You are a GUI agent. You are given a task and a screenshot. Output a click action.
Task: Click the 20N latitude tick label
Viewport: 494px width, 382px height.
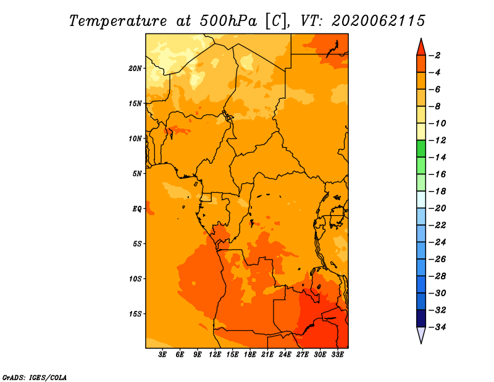point(135,69)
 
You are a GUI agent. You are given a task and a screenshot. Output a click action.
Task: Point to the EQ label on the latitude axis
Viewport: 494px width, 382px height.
point(137,209)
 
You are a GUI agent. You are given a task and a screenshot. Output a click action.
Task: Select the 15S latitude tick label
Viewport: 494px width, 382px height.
point(135,314)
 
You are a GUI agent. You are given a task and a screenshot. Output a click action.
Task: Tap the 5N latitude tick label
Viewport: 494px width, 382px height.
point(137,174)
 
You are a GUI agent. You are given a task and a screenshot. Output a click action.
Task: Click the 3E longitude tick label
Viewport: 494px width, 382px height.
point(162,354)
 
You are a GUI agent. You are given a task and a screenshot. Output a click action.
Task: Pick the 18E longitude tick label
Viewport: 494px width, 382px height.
point(250,354)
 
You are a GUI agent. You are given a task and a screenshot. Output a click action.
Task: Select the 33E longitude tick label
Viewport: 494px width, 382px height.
point(337,354)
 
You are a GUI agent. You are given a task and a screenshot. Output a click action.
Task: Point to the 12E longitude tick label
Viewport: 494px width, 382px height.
point(215,354)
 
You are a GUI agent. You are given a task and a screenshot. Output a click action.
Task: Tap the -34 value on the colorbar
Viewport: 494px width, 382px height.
point(437,327)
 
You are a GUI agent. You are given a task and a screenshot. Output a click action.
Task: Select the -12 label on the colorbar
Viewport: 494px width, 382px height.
point(437,140)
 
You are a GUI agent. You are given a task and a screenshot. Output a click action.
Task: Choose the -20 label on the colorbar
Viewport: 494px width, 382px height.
point(437,208)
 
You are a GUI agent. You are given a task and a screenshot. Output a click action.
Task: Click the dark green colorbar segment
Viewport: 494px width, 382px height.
point(421,148)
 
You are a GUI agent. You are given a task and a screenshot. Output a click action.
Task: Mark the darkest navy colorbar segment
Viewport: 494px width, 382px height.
point(421,318)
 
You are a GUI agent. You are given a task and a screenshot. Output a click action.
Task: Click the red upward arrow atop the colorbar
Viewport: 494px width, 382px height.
point(421,48)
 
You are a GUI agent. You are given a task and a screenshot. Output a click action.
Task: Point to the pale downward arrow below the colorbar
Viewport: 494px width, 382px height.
point(421,335)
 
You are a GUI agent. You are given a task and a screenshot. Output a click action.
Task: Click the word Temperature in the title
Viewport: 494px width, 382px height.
point(118,21)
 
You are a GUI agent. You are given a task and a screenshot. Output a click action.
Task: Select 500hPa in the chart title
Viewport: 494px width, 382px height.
point(228,21)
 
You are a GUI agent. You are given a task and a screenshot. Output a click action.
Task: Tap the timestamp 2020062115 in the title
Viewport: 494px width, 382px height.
point(379,21)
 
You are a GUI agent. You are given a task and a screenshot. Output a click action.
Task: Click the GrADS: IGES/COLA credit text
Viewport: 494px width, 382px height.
point(35,377)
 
